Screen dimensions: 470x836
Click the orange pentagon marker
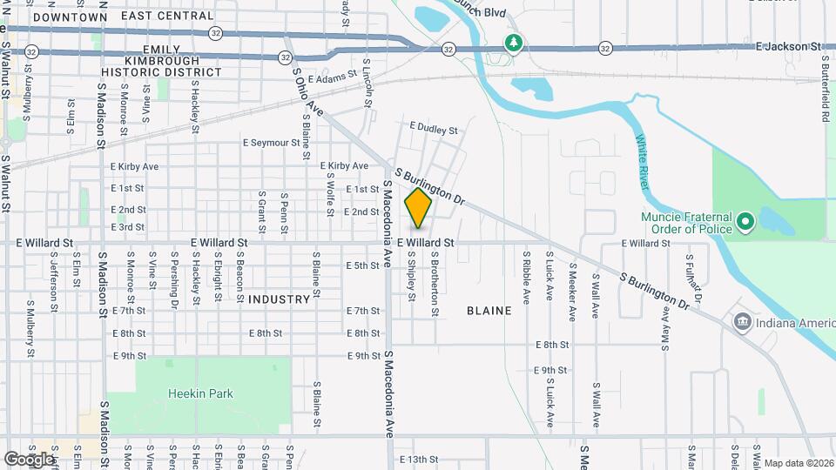tap(419, 209)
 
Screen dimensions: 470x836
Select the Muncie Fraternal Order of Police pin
tap(745, 222)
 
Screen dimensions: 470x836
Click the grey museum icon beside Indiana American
tap(742, 323)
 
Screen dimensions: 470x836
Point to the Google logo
tap(29, 459)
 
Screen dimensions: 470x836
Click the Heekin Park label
tap(201, 393)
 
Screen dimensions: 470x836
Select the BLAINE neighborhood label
tap(489, 310)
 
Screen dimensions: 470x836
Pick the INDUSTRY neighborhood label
tap(279, 299)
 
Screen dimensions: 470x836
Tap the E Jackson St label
tap(789, 45)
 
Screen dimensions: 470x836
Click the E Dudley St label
tap(433, 130)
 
